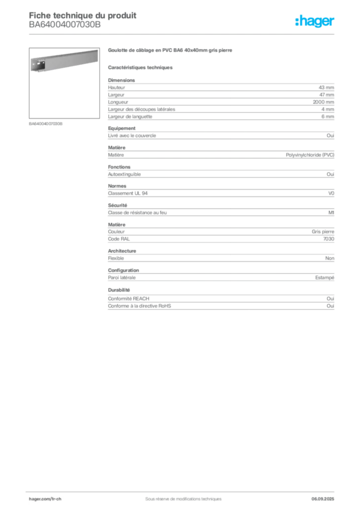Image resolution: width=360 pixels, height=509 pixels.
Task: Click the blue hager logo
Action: pyautogui.click(x=316, y=22)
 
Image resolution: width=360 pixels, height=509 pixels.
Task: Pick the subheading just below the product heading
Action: pyautogui.click(x=141, y=67)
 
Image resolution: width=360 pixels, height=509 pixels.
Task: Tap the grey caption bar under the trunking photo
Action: pyautogui.click(x=46, y=123)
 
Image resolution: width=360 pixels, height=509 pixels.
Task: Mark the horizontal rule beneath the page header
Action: pyautogui.click(x=182, y=34)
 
